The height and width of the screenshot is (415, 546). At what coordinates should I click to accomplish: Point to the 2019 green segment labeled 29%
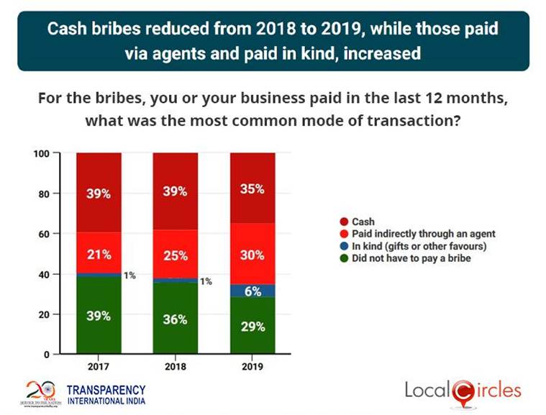click(x=252, y=325)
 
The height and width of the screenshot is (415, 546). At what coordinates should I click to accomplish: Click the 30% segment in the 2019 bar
click(x=252, y=255)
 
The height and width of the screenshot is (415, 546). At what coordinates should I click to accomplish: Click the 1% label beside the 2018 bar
click(x=206, y=281)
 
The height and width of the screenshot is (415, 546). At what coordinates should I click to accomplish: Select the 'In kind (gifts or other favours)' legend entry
click(x=406, y=246)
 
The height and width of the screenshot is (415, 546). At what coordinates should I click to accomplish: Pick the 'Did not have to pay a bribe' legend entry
click(x=400, y=257)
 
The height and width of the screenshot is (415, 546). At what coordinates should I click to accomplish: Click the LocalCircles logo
click(x=462, y=391)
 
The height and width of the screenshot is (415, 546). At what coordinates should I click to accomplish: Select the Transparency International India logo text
click(x=106, y=393)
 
